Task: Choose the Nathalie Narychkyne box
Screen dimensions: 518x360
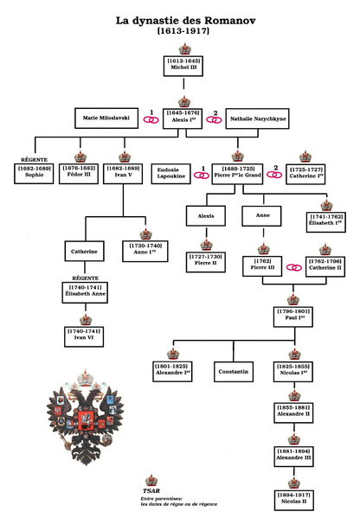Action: (257, 118)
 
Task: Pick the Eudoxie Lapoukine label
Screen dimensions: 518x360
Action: (171, 173)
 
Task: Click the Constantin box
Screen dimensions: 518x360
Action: (234, 372)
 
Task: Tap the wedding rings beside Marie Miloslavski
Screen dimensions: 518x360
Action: (151, 118)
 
